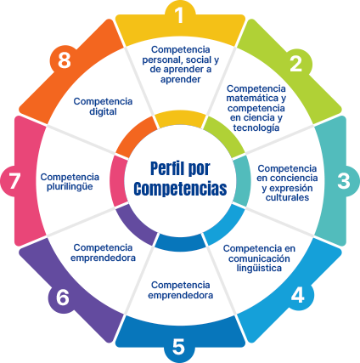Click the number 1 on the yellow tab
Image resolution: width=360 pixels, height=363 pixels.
coord(179,15)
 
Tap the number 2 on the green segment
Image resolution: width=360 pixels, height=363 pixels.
coord(296,64)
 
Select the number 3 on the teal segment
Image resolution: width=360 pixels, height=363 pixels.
coord(344,181)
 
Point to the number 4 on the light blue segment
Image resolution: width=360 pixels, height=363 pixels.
coord(297,295)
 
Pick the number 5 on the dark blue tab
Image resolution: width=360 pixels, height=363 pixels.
coord(178,346)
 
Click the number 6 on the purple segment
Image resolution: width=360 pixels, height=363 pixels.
coord(62,298)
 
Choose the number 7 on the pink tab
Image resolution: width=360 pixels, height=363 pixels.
coord(14,181)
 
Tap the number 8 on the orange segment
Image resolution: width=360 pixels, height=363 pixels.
coord(65,60)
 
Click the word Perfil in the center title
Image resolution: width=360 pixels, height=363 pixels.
coord(164,168)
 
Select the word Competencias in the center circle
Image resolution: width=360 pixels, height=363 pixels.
coord(180,189)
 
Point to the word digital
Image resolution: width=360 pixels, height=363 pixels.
coord(103,111)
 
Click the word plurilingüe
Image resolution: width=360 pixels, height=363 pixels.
coord(70,187)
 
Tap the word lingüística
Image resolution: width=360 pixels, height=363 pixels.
coord(259,268)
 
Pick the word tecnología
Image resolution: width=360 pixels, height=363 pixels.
coord(256,128)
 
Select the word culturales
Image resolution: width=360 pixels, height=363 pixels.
coord(287,197)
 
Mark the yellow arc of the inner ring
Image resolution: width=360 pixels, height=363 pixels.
coord(181,119)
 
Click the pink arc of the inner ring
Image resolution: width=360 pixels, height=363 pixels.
coord(118,181)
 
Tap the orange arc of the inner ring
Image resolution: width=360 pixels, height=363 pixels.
coord(136,137)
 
